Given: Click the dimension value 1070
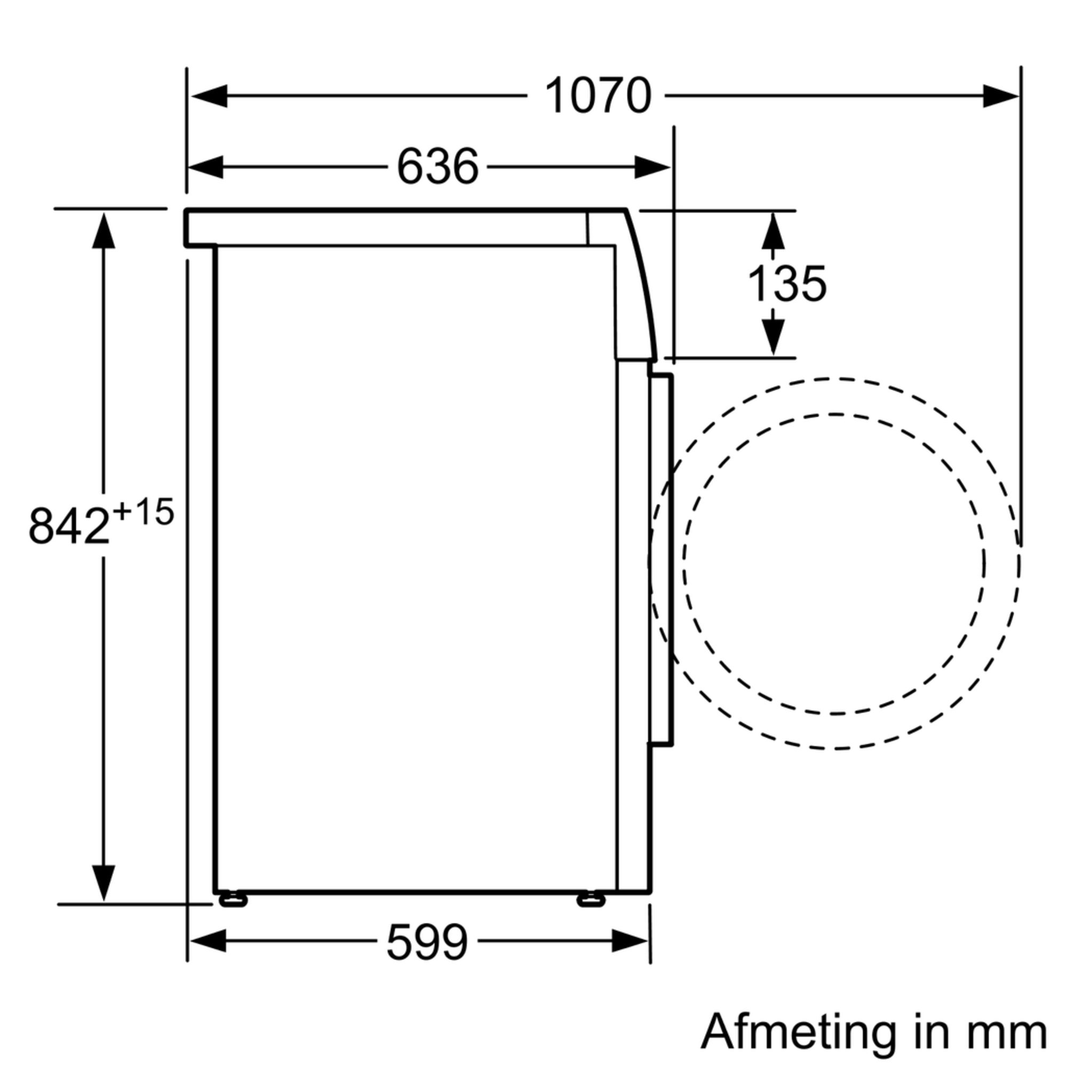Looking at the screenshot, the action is [598, 96].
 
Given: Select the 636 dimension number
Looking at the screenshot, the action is [437, 167].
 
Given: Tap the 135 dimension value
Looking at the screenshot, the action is [786, 284].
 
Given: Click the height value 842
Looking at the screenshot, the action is [69, 527].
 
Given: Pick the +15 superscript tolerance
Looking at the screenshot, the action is [143, 513].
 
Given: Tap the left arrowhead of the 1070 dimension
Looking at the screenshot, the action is [209, 96].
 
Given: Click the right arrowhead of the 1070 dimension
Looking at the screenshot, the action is [1001, 96].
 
